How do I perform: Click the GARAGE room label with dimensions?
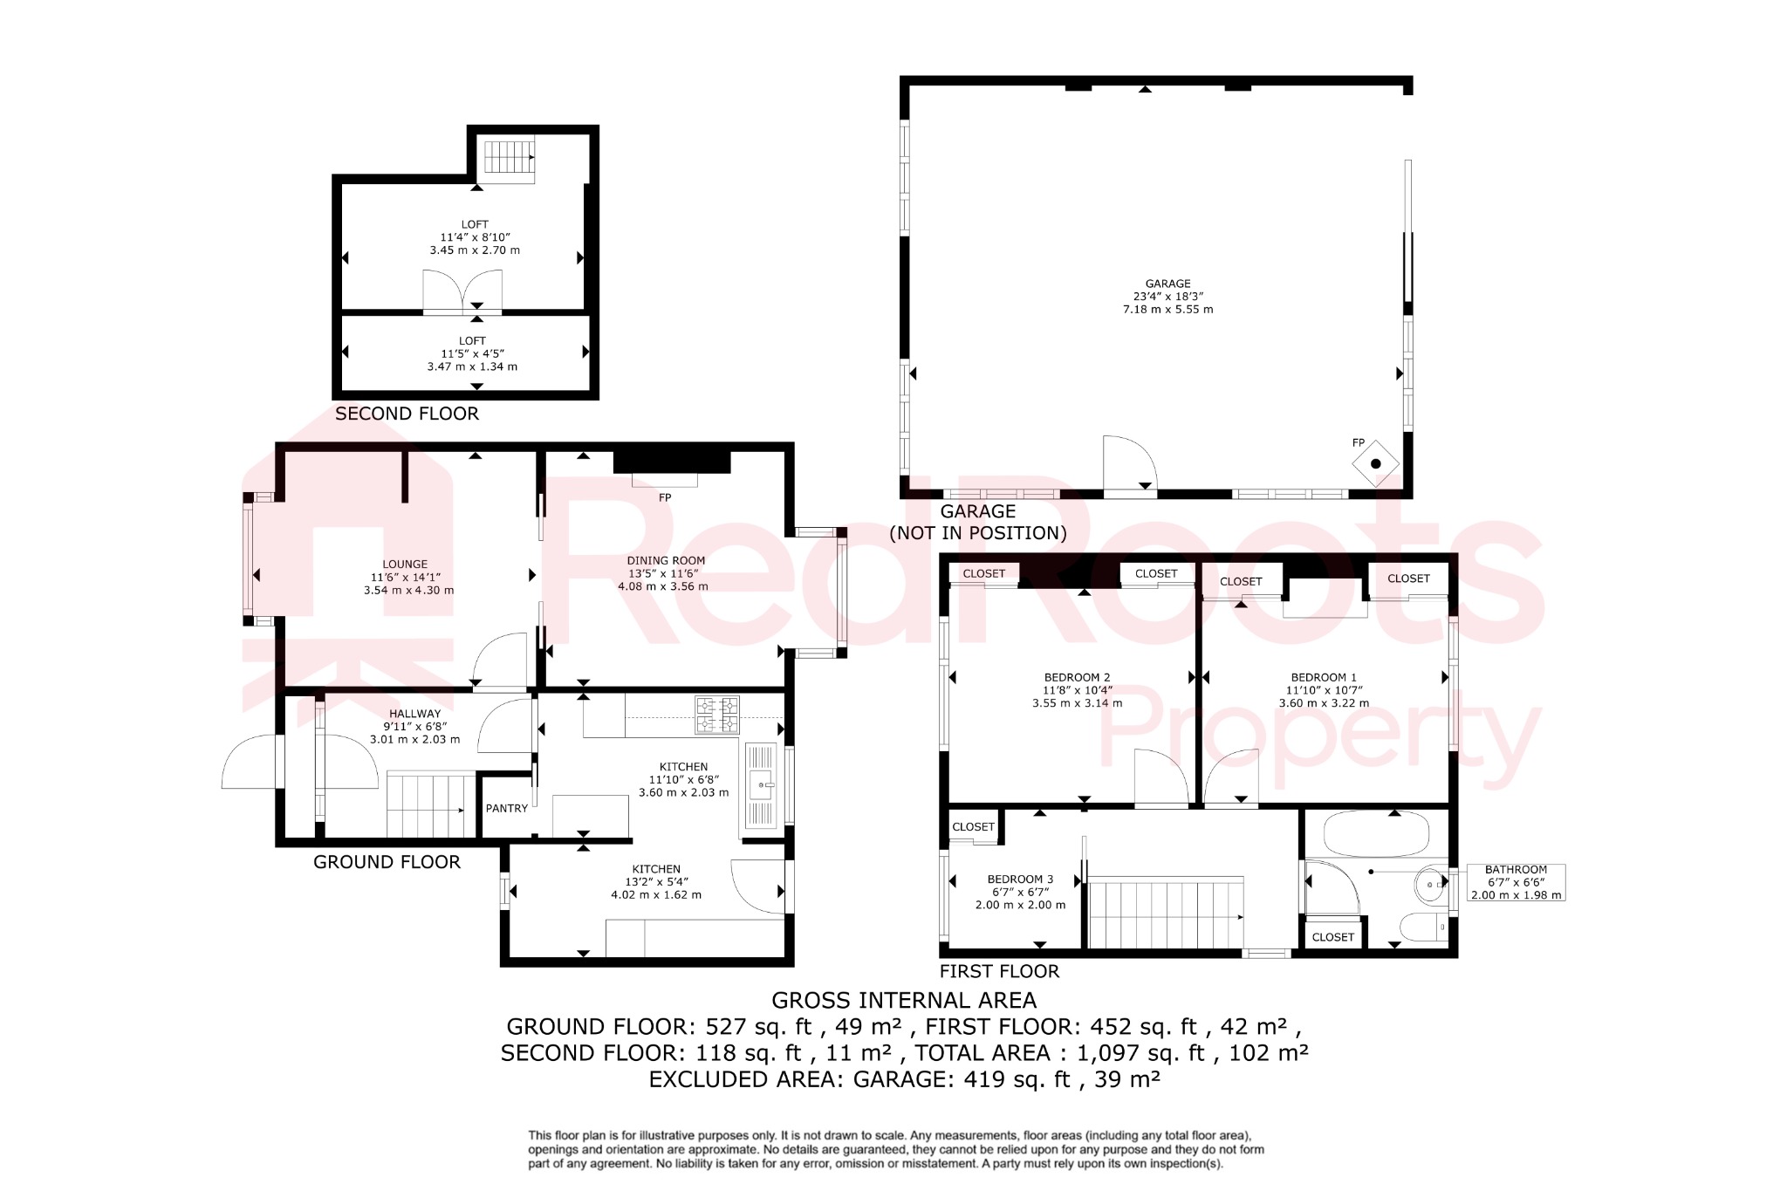coord(1167,297)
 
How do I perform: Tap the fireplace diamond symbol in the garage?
coord(1375,463)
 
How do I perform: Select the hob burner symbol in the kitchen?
coord(717,714)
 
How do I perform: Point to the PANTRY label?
coord(507,809)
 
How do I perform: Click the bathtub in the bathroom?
coord(1376,833)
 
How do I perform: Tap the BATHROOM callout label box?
coord(1516,882)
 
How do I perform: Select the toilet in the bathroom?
coord(1422,927)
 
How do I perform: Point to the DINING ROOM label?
coord(665,573)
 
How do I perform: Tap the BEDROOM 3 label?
coord(1020,892)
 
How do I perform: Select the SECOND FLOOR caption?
coord(407,414)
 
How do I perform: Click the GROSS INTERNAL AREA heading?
coord(904,1000)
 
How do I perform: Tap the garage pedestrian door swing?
coord(1129,465)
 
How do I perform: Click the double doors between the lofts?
coord(462,292)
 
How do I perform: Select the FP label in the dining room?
coord(665,497)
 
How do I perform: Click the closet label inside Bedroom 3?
coord(973,826)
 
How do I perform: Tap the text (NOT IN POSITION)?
coord(977,533)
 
